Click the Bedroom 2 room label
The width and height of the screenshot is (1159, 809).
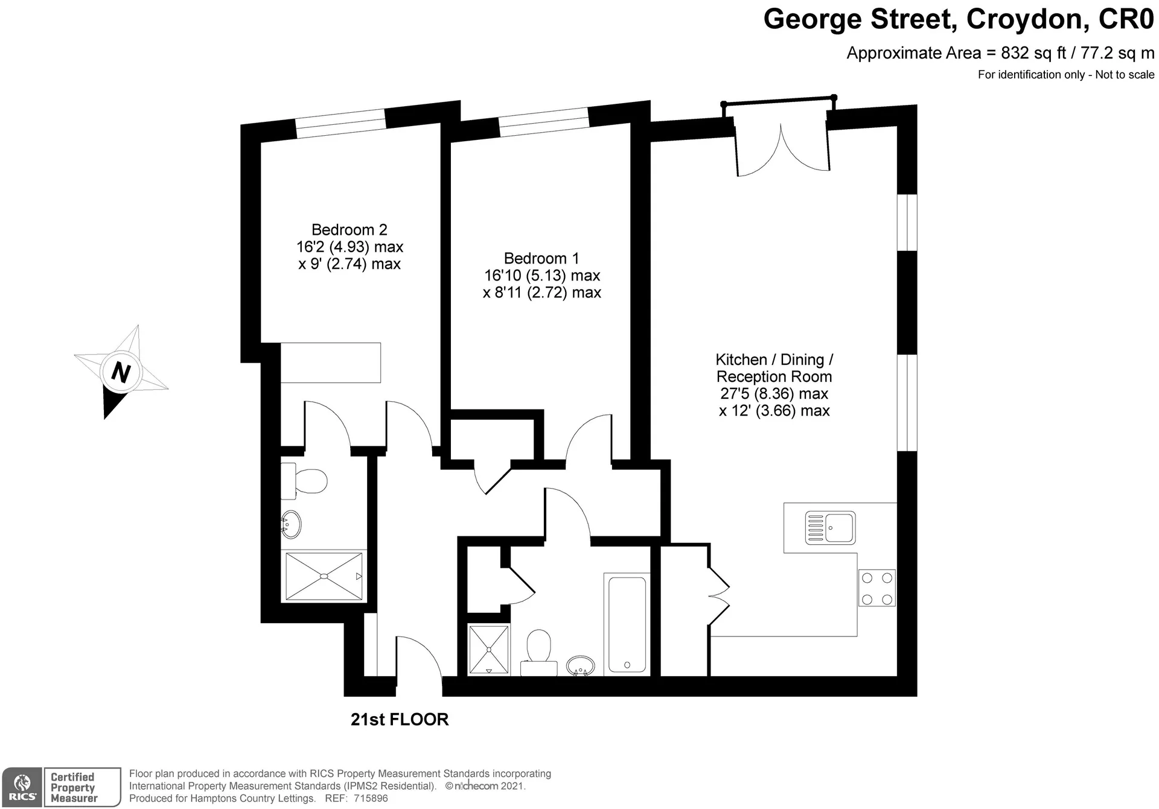[x=349, y=230]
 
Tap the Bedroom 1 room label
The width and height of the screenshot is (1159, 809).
[x=541, y=259]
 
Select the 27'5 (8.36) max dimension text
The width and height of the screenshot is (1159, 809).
[x=774, y=394]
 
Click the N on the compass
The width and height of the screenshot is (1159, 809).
[x=121, y=372]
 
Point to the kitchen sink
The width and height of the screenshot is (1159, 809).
[x=830, y=528]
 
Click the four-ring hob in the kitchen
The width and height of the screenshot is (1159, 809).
[x=877, y=588]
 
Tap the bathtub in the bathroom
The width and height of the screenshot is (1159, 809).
[x=627, y=624]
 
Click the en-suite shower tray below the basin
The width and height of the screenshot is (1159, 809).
[x=324, y=576]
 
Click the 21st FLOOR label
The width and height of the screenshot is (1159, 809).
[x=400, y=720]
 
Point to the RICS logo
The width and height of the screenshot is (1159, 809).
[x=22, y=787]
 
